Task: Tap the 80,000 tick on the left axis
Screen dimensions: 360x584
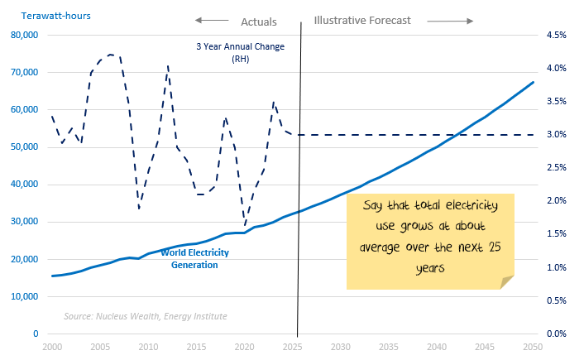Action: click(29, 35)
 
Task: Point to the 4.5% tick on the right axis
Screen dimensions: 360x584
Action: click(553, 35)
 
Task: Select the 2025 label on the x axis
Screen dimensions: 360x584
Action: click(291, 347)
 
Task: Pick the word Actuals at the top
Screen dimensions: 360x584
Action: click(258, 22)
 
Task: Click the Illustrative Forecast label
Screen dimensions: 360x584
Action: click(362, 22)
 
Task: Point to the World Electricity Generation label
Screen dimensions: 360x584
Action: click(189, 258)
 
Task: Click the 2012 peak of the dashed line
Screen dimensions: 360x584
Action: click(168, 65)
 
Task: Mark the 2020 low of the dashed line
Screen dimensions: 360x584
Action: click(245, 224)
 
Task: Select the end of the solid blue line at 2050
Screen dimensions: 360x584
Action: click(534, 82)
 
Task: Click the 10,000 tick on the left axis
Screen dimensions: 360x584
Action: click(29, 296)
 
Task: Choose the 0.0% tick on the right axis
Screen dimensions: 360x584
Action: click(553, 334)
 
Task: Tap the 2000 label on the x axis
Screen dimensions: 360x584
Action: click(51, 347)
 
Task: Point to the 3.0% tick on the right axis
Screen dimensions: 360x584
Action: click(553, 134)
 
